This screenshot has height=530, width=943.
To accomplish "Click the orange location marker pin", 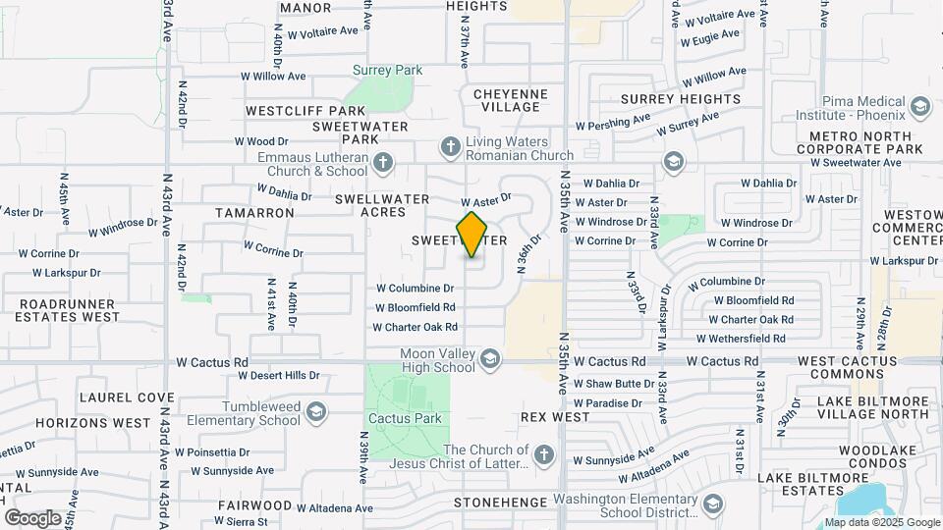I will tap(472, 235).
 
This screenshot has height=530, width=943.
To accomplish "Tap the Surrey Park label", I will tap(388, 71).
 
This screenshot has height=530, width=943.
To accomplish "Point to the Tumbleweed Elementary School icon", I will tap(316, 411).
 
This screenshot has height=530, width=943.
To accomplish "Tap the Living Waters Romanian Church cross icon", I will tap(451, 147).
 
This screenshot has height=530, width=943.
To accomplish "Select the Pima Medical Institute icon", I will tap(920, 106).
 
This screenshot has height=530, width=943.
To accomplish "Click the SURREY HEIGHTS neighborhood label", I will tap(673, 100).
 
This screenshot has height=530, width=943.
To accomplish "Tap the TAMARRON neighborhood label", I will tap(254, 212).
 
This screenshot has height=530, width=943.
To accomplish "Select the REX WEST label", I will tap(555, 417).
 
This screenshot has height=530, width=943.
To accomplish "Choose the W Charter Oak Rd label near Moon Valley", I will tap(416, 327).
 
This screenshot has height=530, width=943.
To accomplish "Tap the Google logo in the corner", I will tap(32, 517).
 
